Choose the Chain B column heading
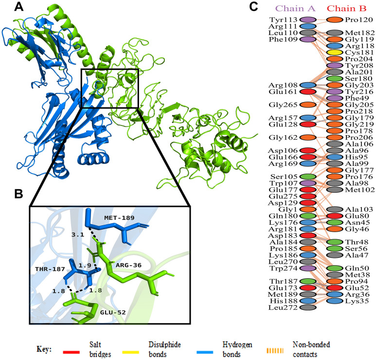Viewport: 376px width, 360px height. (346, 8)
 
